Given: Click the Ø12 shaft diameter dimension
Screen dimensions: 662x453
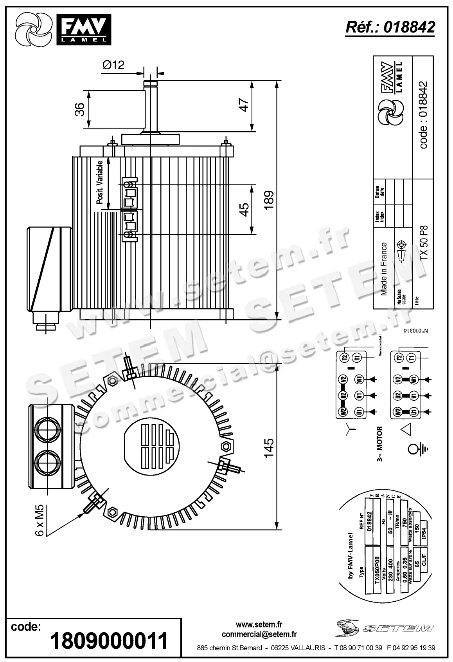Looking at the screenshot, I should point(113,65).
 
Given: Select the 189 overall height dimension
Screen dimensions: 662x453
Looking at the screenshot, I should point(269,200).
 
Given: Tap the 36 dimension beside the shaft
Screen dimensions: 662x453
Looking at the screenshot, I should point(80,109).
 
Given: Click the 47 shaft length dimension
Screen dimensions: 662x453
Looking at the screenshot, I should point(244,105).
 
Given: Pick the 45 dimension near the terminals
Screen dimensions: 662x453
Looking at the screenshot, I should point(244,210).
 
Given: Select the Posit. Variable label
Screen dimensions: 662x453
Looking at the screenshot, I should point(100,183).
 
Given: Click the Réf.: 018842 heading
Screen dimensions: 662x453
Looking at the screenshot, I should point(390,27).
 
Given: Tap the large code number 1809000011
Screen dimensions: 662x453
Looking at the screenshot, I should point(109,641).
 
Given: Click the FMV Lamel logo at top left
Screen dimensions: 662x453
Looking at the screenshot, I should point(63,29).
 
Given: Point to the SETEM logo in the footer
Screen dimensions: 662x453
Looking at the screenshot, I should point(385,628).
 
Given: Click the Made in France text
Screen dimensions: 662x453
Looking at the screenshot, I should point(384,269).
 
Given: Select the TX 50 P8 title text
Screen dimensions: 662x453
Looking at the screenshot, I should point(424,241).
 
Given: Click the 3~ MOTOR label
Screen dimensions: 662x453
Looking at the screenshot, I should point(379,444).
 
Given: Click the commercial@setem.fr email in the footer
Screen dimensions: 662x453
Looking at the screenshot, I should point(259,634).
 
